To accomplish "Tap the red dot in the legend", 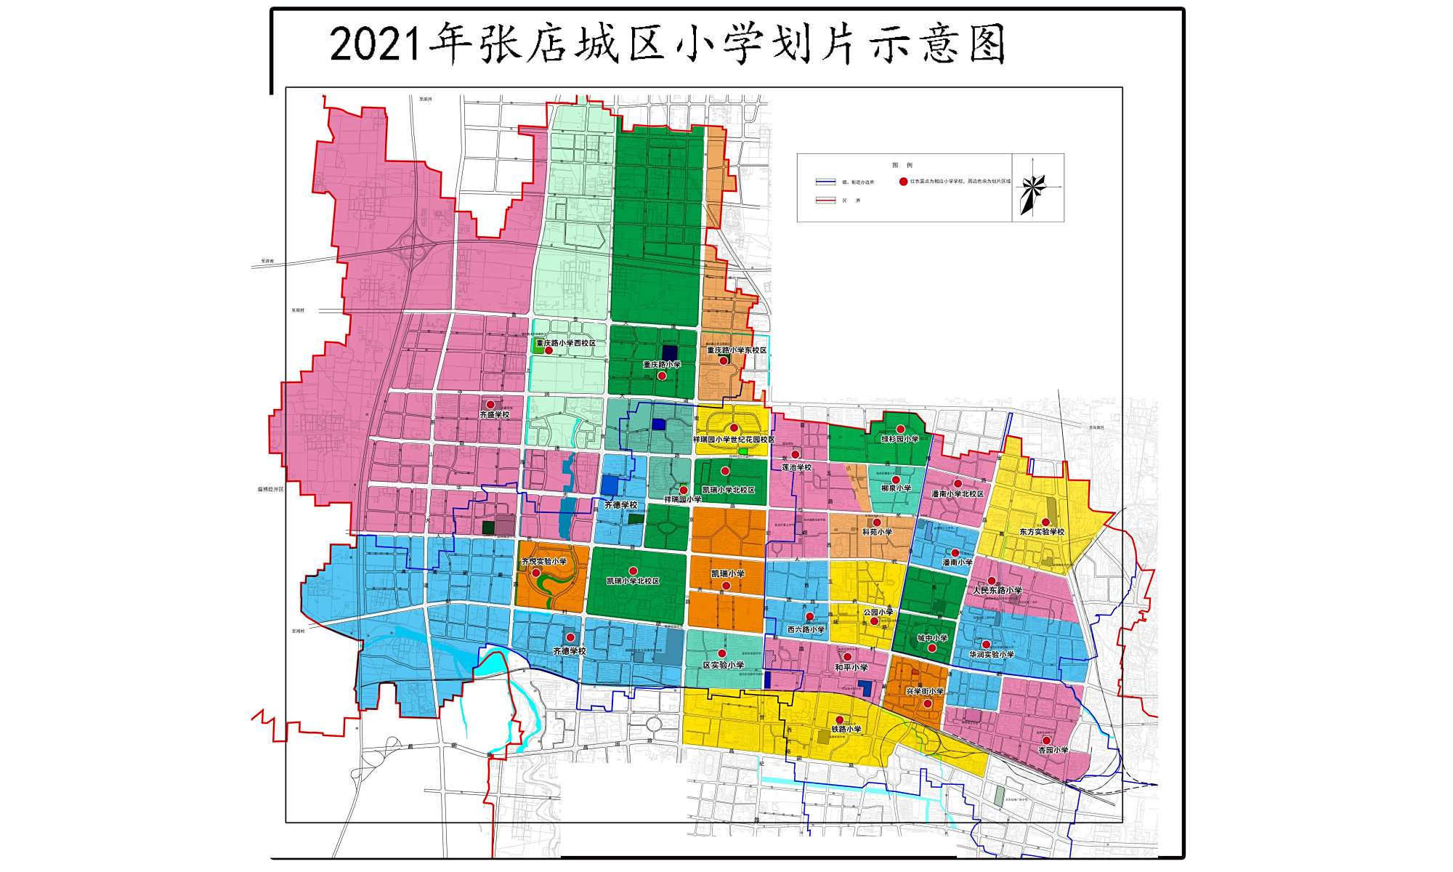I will click(x=904, y=182).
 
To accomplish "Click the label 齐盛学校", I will click(x=494, y=415).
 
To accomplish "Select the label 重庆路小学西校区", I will click(x=565, y=343).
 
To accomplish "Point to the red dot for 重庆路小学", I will click(x=662, y=376).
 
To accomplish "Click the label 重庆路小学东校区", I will click(x=737, y=350).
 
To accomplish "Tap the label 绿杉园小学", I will click(x=900, y=440).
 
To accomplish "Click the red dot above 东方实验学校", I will click(x=1045, y=522).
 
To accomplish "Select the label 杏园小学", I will click(x=1053, y=750).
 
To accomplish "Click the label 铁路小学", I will click(x=846, y=730).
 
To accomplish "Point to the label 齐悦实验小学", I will click(x=543, y=562).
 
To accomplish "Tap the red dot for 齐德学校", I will click(x=571, y=637).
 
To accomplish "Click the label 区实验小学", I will click(x=724, y=665).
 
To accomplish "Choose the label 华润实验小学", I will click(x=991, y=655).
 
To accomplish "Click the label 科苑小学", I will click(x=877, y=532).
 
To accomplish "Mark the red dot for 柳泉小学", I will click(x=896, y=480).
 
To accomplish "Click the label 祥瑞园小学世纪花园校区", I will click(x=733, y=440).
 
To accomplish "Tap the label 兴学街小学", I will click(x=925, y=692).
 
